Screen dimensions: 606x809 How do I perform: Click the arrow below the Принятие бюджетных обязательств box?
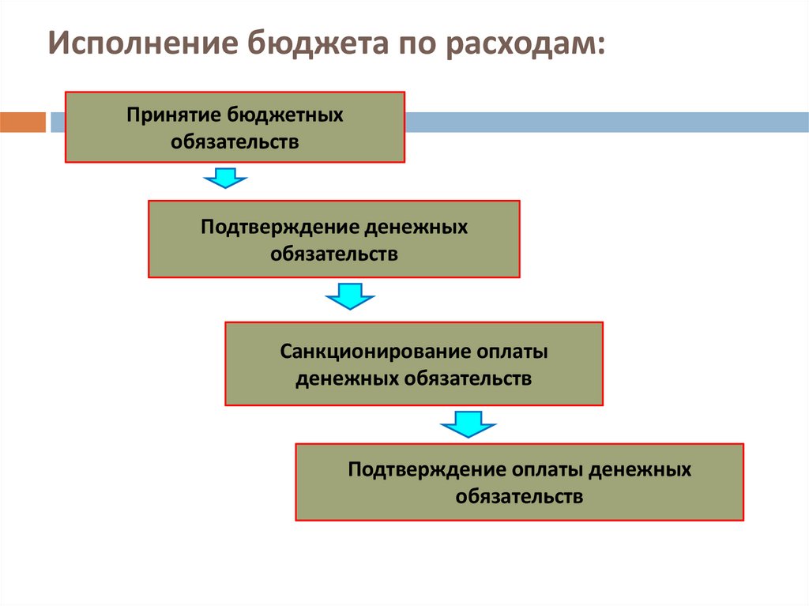click(226, 179)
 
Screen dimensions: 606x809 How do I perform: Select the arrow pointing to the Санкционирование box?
click(350, 296)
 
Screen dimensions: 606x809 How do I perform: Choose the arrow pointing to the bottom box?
click(468, 423)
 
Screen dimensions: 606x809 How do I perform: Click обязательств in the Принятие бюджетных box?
click(235, 142)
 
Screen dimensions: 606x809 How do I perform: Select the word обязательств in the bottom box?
click(519, 497)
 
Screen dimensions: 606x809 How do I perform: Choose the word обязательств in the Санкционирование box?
click(468, 378)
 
